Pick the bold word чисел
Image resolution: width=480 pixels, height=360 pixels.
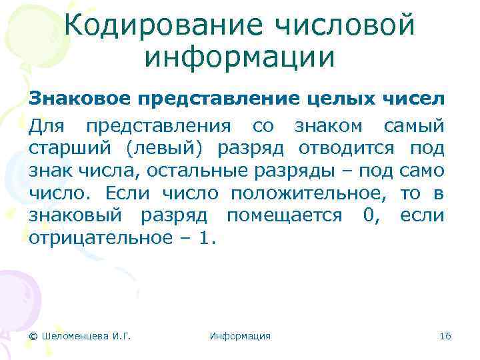point(413,100)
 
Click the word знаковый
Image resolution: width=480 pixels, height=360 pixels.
point(75,216)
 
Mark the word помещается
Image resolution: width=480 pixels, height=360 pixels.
point(281,216)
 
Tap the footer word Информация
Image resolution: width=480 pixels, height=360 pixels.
point(240,336)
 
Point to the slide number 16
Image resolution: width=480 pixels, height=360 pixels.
point(445,336)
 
